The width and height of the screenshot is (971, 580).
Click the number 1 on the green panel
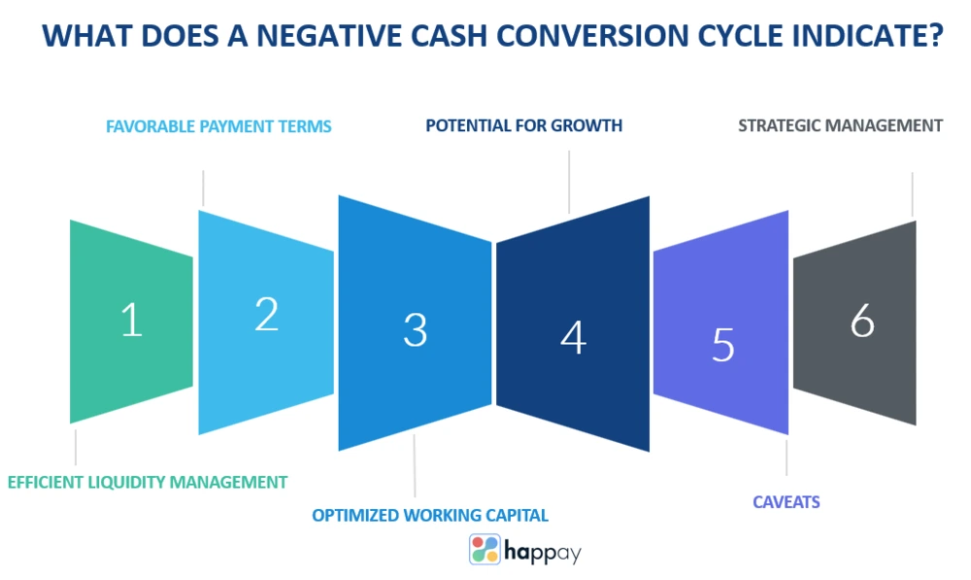click(132, 320)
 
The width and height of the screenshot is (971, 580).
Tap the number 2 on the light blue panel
click(267, 314)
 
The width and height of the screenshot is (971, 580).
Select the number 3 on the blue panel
click(416, 329)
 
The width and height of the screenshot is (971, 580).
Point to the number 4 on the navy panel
click(574, 338)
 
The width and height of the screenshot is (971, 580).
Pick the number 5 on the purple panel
click(723, 345)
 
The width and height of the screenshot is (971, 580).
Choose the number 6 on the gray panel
click(862, 321)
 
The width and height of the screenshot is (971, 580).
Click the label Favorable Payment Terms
click(218, 126)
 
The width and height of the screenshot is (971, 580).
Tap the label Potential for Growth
click(524, 125)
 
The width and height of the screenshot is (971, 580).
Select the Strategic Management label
click(840, 125)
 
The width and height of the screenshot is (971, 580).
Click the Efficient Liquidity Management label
click(148, 482)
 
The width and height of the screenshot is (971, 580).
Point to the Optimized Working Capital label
click(430, 515)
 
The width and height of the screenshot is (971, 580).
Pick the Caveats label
click(787, 502)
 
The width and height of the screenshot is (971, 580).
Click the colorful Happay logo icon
click(485, 549)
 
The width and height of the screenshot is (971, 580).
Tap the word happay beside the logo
click(543, 551)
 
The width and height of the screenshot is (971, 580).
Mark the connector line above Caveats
click(787, 458)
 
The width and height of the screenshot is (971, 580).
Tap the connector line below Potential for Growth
click(569, 183)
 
